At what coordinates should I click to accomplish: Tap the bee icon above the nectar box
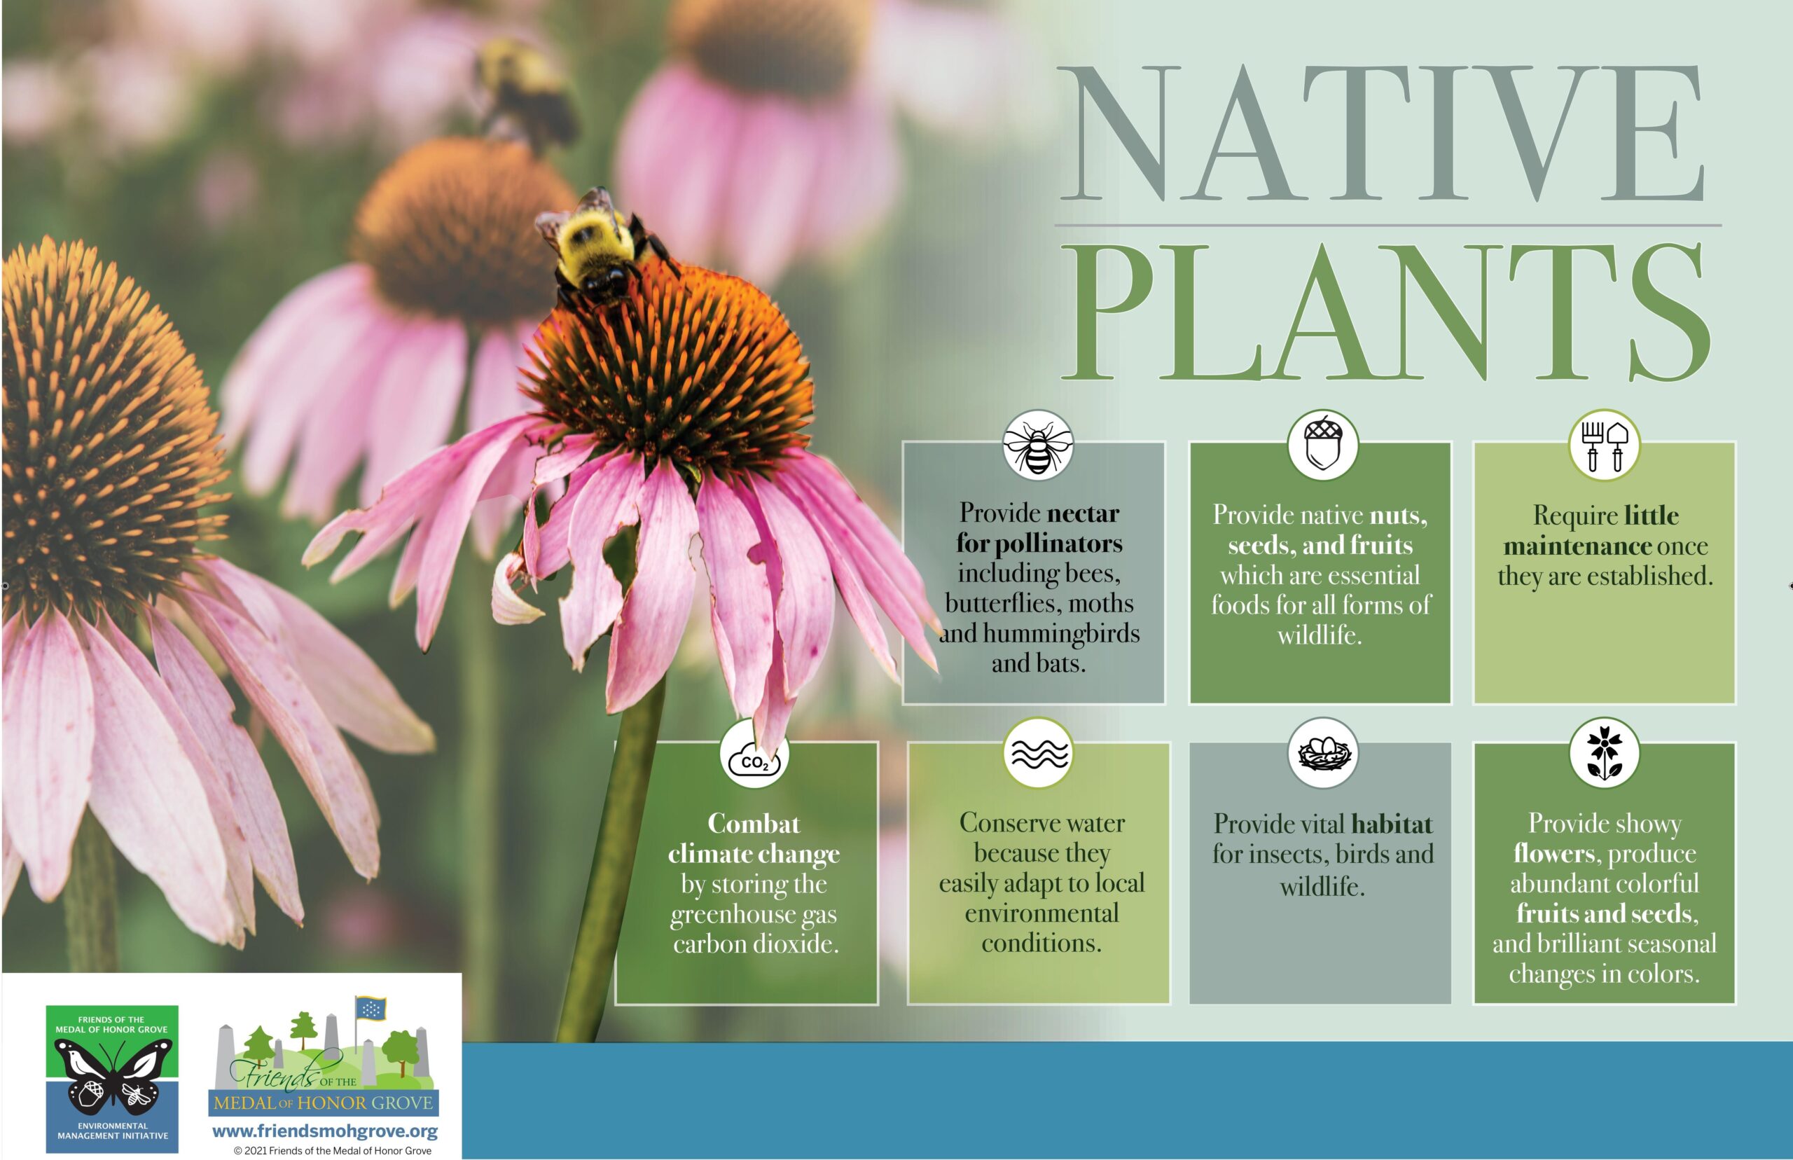click(x=1038, y=446)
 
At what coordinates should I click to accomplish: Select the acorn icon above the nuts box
click(x=1322, y=446)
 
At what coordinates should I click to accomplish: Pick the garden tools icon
click(x=1604, y=446)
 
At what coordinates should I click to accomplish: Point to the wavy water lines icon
click(x=1039, y=753)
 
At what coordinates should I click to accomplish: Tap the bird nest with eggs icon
click(x=1322, y=753)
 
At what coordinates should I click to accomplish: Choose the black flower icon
click(x=1604, y=753)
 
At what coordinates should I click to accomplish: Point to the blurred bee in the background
click(x=524, y=90)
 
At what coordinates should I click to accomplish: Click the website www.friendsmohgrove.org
click(x=324, y=1131)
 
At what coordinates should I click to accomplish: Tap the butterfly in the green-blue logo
click(x=112, y=1077)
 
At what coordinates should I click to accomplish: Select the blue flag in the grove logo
click(x=371, y=1008)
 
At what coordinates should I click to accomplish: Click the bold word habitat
click(x=1392, y=823)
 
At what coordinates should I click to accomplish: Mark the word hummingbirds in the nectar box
click(x=1061, y=633)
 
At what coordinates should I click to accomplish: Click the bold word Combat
click(x=754, y=823)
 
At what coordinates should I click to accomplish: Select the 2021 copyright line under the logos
click(x=332, y=1150)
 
